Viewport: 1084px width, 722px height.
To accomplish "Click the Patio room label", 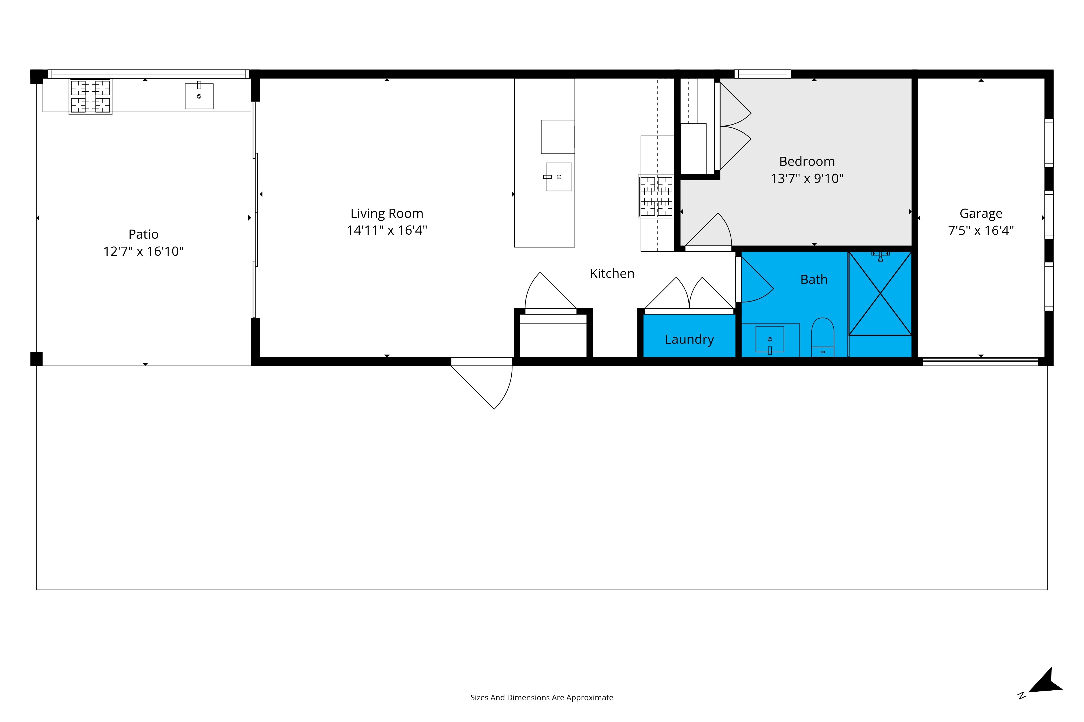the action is pyautogui.click(x=143, y=234).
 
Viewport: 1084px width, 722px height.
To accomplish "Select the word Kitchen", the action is pyautogui.click(x=612, y=273).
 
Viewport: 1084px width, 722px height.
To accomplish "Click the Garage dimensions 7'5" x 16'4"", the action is pyautogui.click(x=981, y=230).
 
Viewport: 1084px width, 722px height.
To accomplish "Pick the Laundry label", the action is pyautogui.click(x=689, y=340).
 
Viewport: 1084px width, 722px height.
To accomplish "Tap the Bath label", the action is pyautogui.click(x=814, y=279).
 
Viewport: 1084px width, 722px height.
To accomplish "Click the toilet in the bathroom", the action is pyautogui.click(x=823, y=337).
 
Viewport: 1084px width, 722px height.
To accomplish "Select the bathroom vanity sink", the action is pyautogui.click(x=770, y=340).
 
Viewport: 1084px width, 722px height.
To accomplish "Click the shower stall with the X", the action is pyautogui.click(x=880, y=293).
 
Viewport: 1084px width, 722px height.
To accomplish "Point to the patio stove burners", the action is pyautogui.click(x=90, y=97).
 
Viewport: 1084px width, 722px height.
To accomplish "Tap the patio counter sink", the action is pyautogui.click(x=199, y=96).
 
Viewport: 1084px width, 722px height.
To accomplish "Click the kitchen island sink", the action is pyautogui.click(x=559, y=177).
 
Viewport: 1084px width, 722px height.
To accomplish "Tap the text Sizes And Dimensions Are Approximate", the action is pyautogui.click(x=541, y=698).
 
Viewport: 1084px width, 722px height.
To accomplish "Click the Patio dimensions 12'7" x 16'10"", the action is pyautogui.click(x=143, y=251).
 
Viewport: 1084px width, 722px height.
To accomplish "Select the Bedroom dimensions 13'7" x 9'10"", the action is pyautogui.click(x=807, y=179).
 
